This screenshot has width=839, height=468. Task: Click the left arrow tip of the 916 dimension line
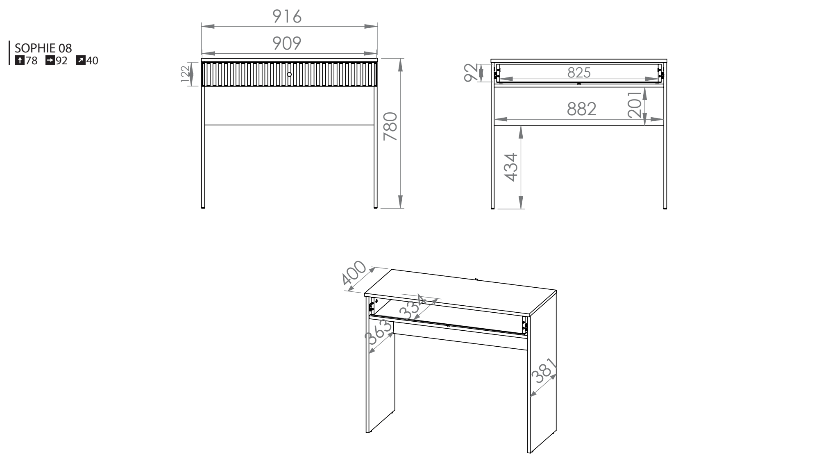coord(202,27)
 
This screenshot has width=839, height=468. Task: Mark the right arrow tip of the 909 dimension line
coord(377,53)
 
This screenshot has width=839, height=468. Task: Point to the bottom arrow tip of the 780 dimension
coord(401,208)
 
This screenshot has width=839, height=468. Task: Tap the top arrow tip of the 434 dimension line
coord(521,126)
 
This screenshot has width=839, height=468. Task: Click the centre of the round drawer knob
coord(289,74)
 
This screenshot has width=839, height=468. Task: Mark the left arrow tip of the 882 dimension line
coord(494,120)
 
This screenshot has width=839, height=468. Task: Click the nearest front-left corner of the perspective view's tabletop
coord(365,294)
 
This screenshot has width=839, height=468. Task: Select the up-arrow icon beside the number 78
coord(19,61)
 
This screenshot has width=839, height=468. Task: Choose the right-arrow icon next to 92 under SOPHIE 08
coord(50,61)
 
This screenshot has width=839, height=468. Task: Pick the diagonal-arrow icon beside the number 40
coord(80,61)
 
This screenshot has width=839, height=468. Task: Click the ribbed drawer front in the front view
coord(289,74)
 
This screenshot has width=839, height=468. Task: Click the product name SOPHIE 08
coord(43,48)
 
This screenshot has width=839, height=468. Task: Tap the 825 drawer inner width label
coord(579,73)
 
